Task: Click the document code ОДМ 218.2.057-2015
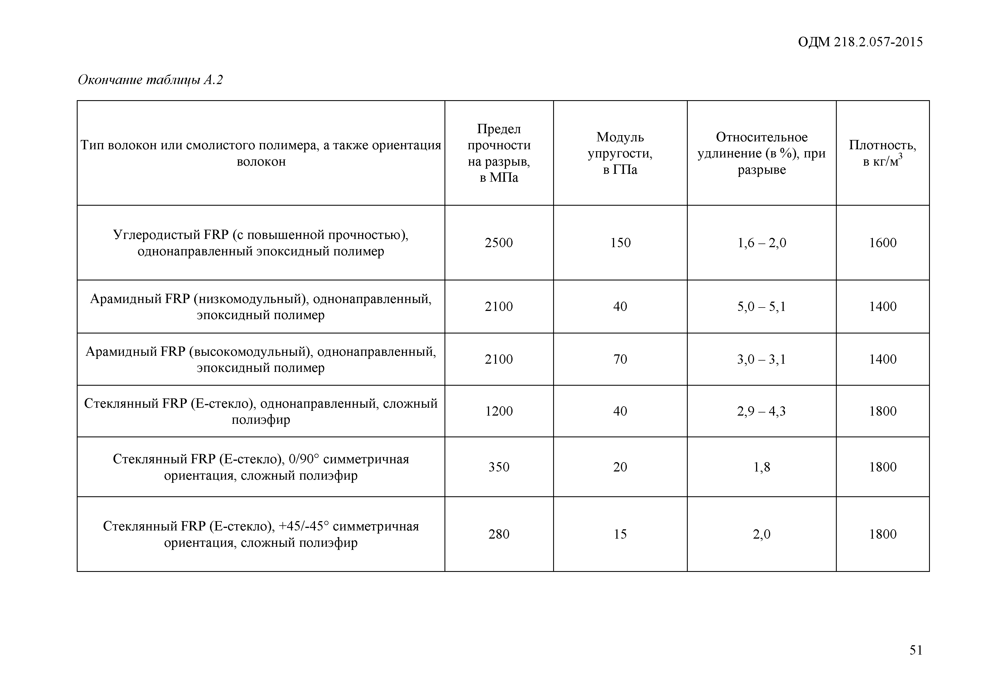click(860, 42)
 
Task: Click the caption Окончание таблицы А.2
click(150, 80)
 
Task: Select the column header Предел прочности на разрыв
click(499, 153)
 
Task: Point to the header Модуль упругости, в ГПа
click(620, 153)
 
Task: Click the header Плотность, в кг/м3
click(882, 153)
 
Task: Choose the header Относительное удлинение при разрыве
click(761, 153)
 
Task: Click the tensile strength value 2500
click(499, 243)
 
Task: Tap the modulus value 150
click(620, 243)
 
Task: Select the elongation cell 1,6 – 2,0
click(761, 243)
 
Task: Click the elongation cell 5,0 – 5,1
click(761, 306)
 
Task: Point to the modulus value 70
click(620, 359)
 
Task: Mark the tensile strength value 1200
click(499, 411)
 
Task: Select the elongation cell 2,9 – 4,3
click(761, 411)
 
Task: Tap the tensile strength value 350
click(499, 467)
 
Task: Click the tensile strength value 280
click(499, 534)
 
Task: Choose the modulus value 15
click(620, 534)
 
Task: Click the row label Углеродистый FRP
click(261, 243)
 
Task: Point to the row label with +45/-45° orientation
click(261, 534)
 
